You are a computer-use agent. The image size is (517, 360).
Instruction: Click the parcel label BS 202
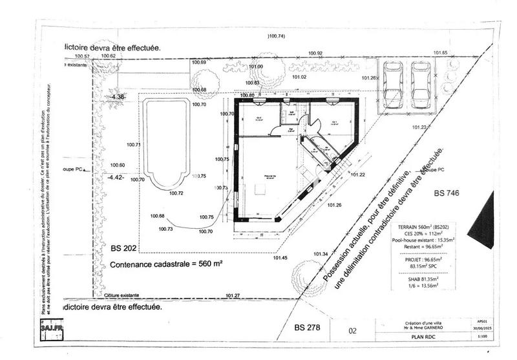125,248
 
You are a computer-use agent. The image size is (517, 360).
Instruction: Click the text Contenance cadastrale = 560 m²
167,264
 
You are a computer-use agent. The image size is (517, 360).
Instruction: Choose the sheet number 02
352,330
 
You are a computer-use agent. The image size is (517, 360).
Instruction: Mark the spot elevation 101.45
280,258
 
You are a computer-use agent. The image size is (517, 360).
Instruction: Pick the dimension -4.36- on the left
119,96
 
